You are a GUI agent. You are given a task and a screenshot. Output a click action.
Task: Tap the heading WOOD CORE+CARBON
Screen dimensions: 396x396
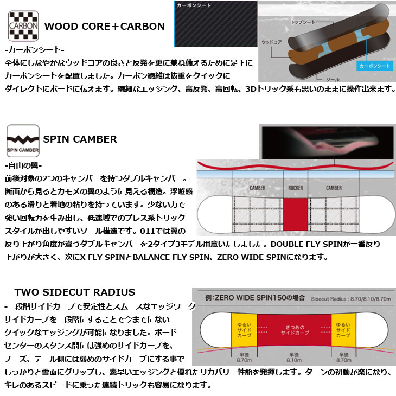coord(104,26)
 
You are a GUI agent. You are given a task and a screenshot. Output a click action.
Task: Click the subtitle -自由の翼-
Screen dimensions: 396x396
coord(23,165)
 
